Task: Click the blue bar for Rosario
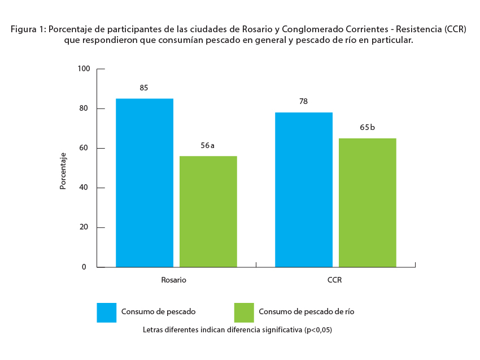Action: tap(145, 183)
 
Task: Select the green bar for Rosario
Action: tap(208, 211)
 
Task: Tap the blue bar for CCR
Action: tap(304, 189)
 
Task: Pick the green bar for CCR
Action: tap(368, 202)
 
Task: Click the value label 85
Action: tap(144, 88)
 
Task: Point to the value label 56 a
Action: tap(208, 145)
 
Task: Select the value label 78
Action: tap(303, 101)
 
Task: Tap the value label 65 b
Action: tap(367, 127)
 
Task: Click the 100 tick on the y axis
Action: tap(84, 69)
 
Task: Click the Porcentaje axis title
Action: tap(63, 171)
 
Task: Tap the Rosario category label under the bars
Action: tap(173, 280)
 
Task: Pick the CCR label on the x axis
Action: tap(334, 280)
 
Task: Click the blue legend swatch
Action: tap(106, 313)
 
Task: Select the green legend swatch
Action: tap(244, 313)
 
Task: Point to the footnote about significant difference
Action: tap(237, 329)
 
